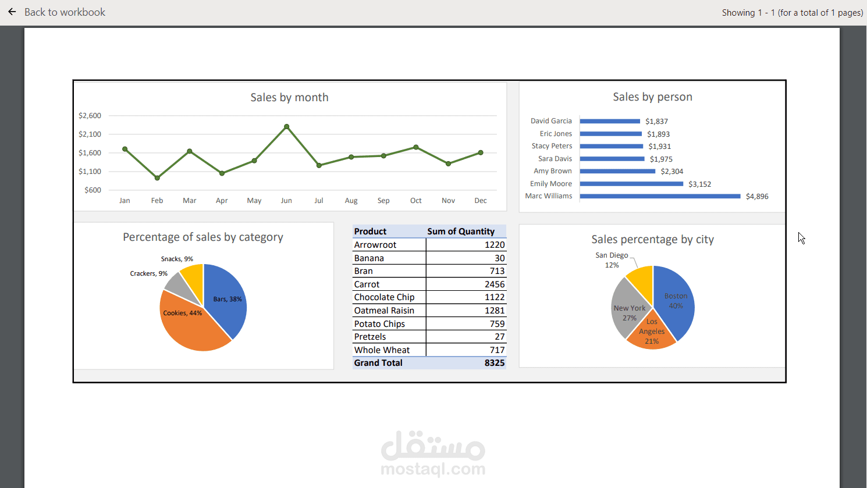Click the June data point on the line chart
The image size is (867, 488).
click(286, 127)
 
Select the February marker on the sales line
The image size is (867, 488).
click(157, 178)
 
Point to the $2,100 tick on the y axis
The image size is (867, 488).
click(90, 134)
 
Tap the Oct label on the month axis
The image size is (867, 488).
click(415, 201)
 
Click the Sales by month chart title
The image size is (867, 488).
click(289, 97)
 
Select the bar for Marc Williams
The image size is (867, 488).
click(660, 196)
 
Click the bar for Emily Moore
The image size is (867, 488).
click(631, 184)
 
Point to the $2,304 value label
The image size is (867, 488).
click(672, 172)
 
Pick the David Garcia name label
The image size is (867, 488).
click(551, 121)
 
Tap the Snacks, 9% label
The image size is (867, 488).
click(177, 259)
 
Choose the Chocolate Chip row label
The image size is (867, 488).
click(384, 297)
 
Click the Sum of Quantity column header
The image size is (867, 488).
click(461, 231)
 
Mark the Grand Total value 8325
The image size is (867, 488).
click(494, 363)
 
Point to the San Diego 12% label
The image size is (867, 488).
click(612, 260)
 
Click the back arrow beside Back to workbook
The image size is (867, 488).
click(12, 12)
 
